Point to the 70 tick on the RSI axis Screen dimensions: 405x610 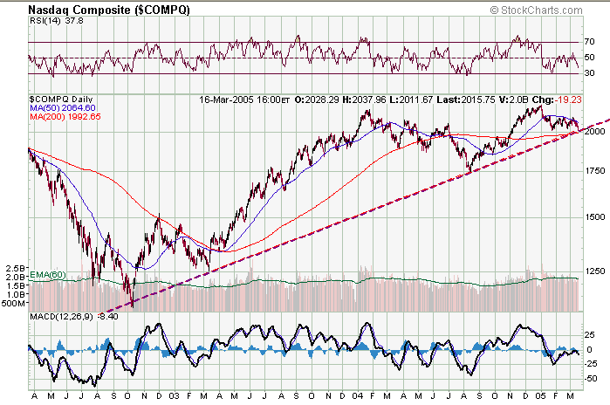tap(589, 42)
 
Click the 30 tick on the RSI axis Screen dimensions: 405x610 tap(589, 73)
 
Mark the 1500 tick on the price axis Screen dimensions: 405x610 tap(594, 216)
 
